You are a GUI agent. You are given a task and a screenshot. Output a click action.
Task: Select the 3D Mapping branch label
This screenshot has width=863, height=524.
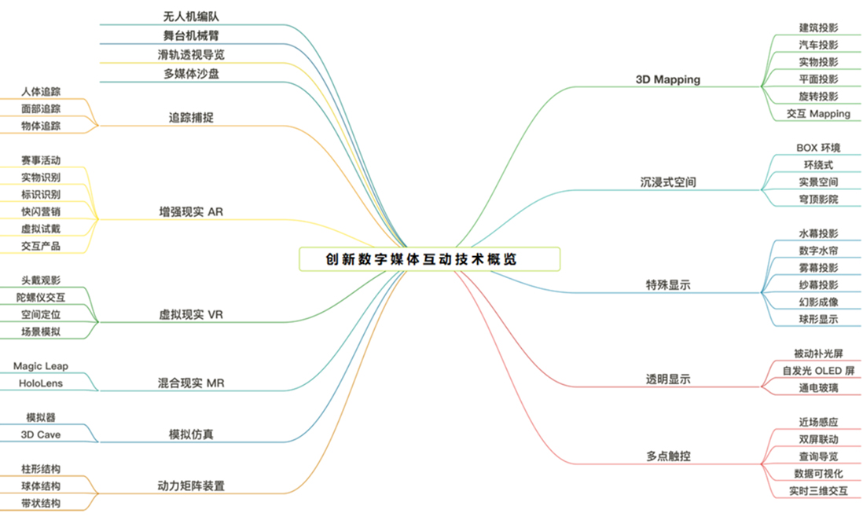(x=667, y=79)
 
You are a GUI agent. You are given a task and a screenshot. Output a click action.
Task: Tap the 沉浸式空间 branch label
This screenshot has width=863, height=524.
(x=667, y=182)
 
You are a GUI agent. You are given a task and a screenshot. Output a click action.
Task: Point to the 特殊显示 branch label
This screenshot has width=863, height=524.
(x=667, y=285)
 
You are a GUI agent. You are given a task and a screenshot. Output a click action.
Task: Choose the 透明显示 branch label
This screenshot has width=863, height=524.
(x=667, y=379)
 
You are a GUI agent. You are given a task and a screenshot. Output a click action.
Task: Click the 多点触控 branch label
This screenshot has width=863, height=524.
(x=667, y=456)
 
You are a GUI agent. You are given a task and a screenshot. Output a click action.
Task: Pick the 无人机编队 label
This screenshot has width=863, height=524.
(x=191, y=17)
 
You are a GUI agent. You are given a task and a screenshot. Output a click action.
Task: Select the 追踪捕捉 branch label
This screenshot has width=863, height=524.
(x=191, y=118)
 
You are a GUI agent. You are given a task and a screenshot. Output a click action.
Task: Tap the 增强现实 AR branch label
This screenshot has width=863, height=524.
(x=191, y=211)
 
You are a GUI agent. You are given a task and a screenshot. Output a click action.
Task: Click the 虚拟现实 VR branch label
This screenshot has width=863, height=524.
(x=191, y=314)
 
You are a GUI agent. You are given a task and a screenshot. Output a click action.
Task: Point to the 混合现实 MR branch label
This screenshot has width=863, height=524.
(x=191, y=383)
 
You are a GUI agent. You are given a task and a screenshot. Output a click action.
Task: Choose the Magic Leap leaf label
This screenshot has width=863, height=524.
(x=41, y=366)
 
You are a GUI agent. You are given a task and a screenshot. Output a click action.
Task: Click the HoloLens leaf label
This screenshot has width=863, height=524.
(x=41, y=383)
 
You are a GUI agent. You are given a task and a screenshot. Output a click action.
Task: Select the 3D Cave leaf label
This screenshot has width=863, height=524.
(x=41, y=434)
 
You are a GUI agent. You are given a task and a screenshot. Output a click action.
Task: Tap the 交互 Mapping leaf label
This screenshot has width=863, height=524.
(x=818, y=114)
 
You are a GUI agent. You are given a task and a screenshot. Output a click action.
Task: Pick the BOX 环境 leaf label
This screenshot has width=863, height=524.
(x=818, y=148)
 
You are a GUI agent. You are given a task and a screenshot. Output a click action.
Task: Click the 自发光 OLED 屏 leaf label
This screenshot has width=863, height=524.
(x=818, y=371)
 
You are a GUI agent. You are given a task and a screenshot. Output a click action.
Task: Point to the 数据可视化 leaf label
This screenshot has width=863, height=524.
(x=818, y=474)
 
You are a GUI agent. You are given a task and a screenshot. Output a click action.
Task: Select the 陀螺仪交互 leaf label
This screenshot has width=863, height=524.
(x=41, y=298)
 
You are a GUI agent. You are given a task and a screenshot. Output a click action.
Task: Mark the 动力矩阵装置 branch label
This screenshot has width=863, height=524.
(x=191, y=486)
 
